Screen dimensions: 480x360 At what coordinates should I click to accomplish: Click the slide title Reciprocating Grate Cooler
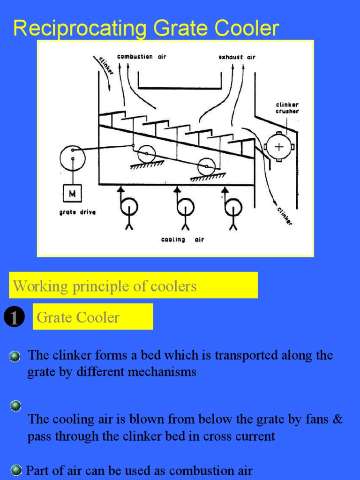point(146,28)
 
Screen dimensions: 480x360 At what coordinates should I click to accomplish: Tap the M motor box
point(73,193)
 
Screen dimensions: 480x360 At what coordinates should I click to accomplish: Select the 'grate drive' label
point(77,212)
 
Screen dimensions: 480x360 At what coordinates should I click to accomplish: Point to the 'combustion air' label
point(141,57)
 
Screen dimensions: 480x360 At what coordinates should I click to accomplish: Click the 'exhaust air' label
point(237,57)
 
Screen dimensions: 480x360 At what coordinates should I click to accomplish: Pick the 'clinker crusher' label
point(287,108)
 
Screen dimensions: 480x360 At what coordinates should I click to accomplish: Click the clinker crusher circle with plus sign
point(279,147)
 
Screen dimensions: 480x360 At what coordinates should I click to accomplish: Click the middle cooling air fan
point(186,206)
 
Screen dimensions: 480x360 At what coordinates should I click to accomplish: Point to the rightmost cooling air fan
point(233,206)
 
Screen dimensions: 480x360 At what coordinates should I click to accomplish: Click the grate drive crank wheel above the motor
point(72,157)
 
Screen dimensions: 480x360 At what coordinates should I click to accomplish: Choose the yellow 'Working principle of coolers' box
point(133,285)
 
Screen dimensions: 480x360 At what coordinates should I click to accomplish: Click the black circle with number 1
point(14,318)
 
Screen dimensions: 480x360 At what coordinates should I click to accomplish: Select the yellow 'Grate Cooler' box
point(93,317)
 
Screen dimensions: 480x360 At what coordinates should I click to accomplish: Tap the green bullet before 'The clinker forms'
point(15,357)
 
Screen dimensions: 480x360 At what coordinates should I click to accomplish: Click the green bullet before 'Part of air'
point(16,470)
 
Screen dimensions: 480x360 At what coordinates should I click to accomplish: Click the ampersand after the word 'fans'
point(337,419)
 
